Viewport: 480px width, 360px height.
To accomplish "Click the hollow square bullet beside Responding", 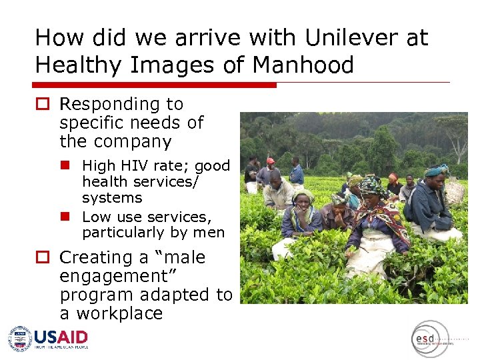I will [x=43, y=105].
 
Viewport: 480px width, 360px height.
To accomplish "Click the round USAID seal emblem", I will [x=20, y=339].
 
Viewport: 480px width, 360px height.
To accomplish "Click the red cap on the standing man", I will [x=270, y=161].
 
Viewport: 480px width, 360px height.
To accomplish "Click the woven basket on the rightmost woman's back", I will [x=455, y=192].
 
